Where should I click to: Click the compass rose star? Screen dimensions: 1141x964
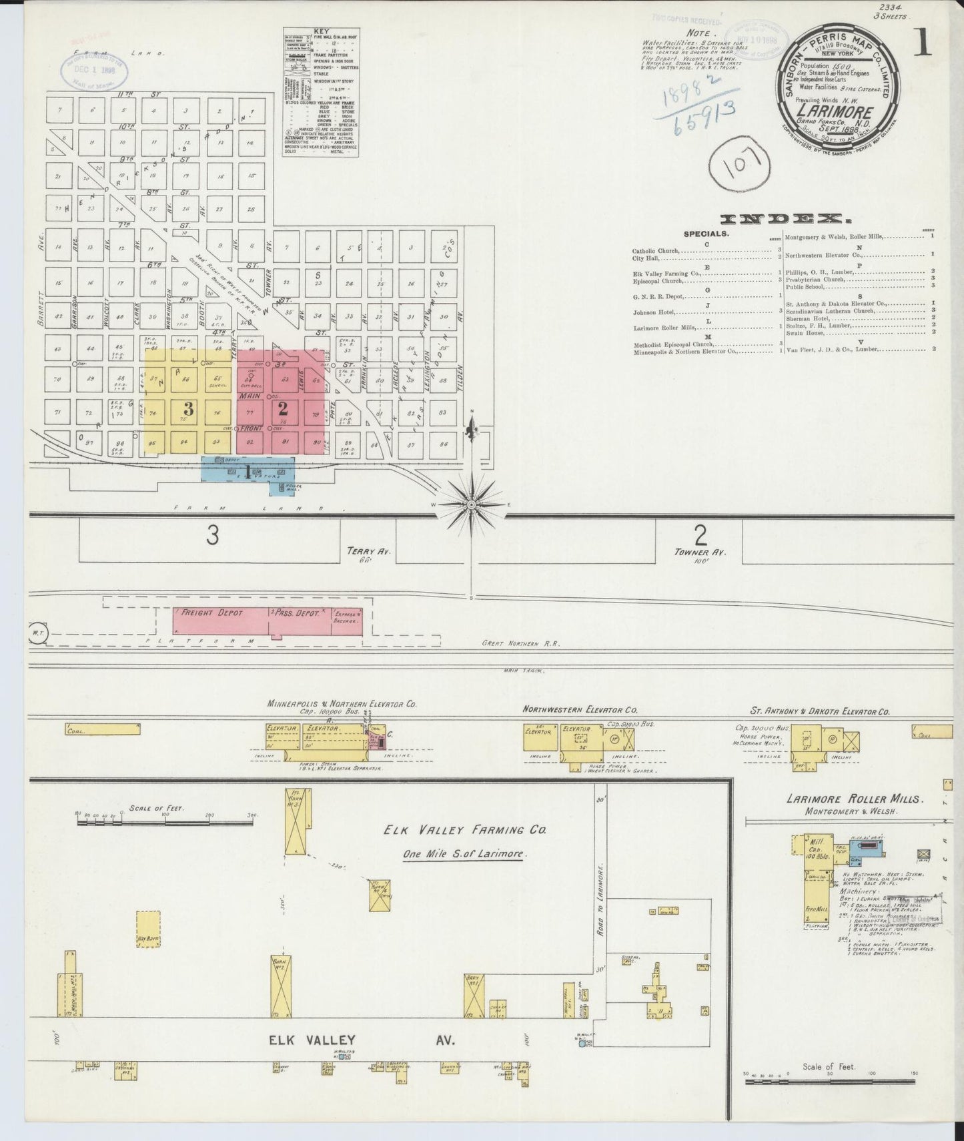point(472,504)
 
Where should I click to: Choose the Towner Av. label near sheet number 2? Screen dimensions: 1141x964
point(698,552)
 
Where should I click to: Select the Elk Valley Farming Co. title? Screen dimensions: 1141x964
point(464,830)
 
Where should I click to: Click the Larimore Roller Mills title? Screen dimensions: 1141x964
point(854,799)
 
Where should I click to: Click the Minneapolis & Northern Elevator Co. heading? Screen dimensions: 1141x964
point(342,703)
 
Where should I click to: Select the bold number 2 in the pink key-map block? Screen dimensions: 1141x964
point(283,408)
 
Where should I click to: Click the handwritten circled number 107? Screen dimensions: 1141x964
point(740,162)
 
